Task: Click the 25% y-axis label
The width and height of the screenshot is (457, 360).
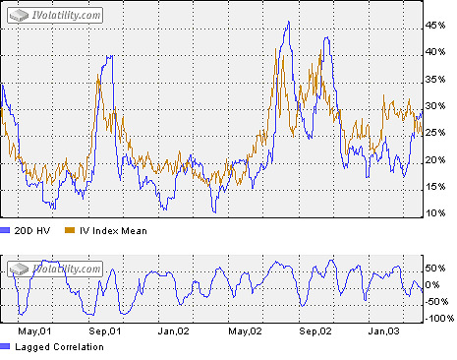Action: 437,133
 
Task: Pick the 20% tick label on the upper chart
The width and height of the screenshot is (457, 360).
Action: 437,159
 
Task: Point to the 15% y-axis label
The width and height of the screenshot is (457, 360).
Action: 437,186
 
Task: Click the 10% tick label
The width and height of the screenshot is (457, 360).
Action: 437,212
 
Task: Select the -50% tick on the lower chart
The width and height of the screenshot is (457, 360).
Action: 438,301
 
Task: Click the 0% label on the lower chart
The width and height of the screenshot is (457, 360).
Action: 435,284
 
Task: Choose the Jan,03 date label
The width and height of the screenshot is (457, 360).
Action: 392,331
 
